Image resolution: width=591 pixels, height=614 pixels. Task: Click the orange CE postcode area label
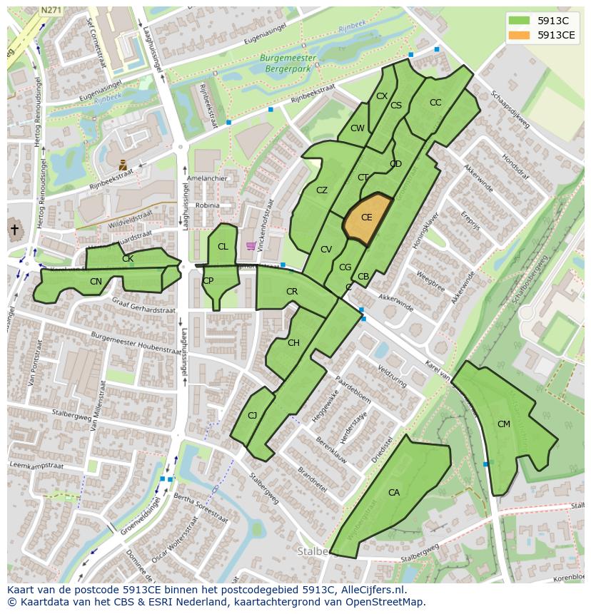tap(366, 218)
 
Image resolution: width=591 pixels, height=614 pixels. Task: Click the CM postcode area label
tap(504, 424)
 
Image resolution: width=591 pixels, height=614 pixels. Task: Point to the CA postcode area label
tap(394, 493)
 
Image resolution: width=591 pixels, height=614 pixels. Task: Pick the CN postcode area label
tap(96, 282)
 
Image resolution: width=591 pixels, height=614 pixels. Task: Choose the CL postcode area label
tap(223, 247)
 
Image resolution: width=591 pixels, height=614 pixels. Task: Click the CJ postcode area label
tap(252, 416)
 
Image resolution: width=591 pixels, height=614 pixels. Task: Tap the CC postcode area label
tap(435, 103)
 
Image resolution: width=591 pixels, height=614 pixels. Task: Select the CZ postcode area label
tap(322, 190)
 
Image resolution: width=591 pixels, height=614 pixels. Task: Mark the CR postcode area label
tap(292, 292)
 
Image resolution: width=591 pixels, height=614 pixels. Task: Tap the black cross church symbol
tap(14, 230)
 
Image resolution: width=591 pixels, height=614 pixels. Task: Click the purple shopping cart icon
tap(251, 246)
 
